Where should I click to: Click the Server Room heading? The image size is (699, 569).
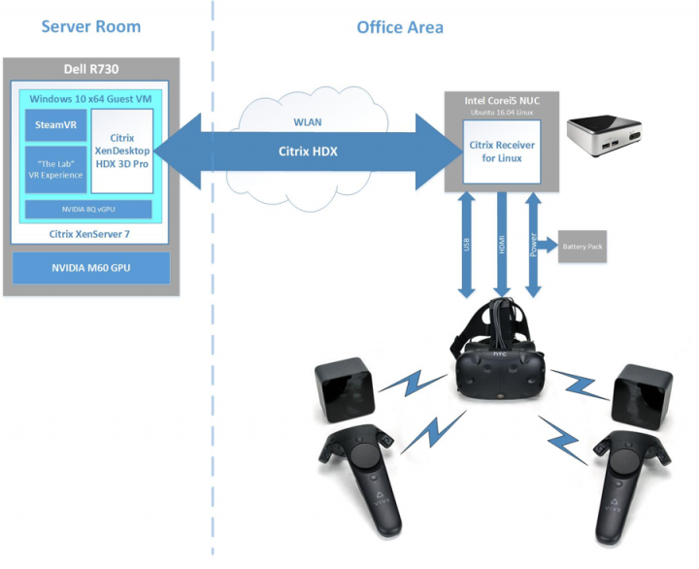pos(91,26)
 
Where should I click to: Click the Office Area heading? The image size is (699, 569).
pos(399,26)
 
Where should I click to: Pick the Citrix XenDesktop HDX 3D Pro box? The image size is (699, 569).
pos(122,152)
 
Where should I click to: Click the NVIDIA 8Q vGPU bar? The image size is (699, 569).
pos(88,209)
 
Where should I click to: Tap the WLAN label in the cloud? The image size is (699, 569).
pos(308,122)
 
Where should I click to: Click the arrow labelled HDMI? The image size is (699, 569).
pos(501,244)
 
